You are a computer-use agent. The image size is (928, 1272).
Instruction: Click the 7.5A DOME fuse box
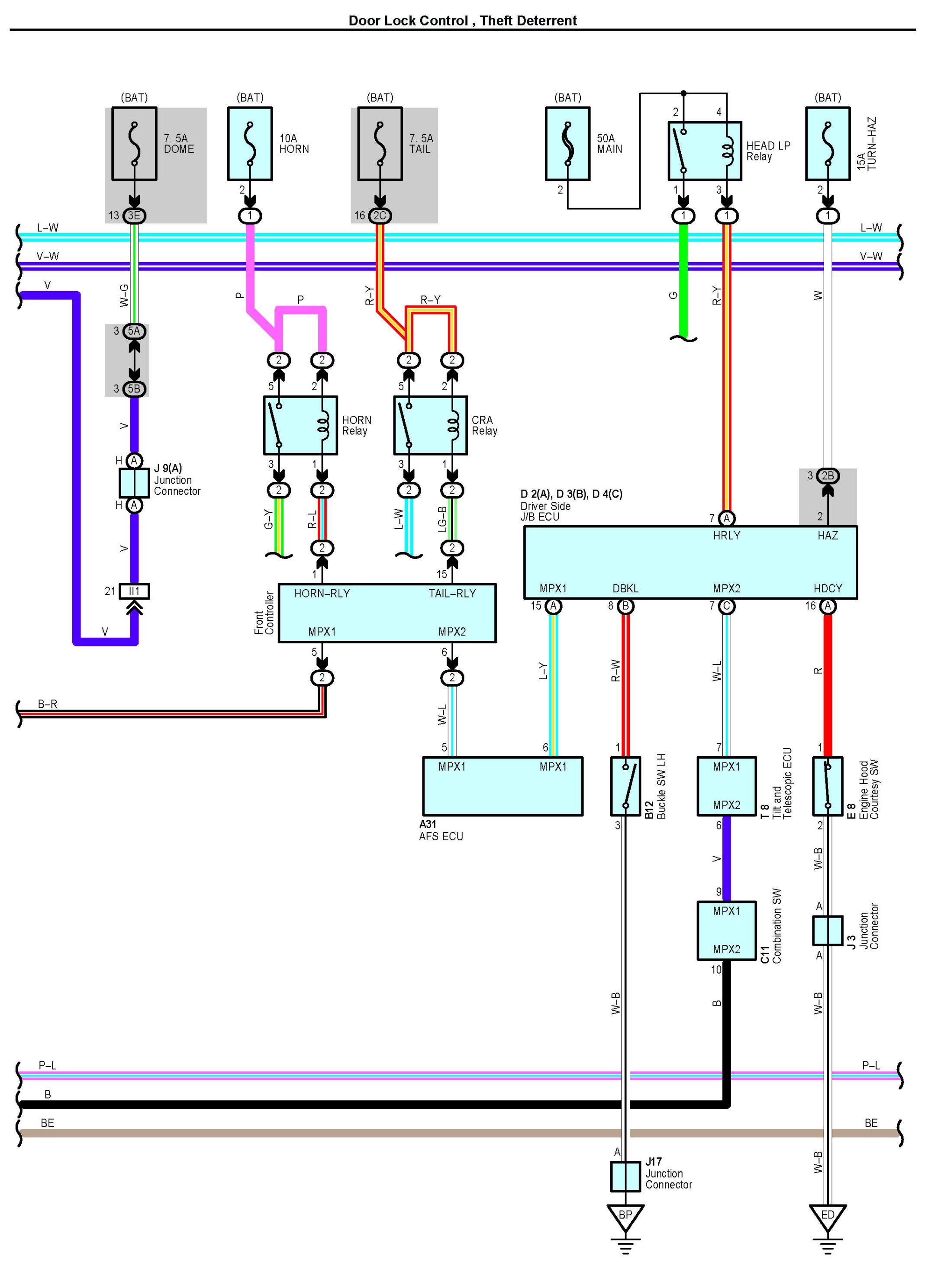coord(134,144)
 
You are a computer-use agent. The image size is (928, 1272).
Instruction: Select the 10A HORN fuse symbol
coord(250,144)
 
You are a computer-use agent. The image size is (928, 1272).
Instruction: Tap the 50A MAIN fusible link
coord(568,144)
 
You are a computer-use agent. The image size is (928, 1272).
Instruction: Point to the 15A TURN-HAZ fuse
coord(828,144)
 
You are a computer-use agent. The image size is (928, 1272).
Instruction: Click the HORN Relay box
coord(300,425)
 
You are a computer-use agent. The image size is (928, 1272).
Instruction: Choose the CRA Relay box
coord(430,425)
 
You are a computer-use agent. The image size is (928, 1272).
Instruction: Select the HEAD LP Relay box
coord(705,151)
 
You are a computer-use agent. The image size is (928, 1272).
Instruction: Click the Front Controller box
coord(387,613)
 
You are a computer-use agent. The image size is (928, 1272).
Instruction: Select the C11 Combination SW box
coord(727,931)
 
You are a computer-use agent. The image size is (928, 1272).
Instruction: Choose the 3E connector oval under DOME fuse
coord(134,215)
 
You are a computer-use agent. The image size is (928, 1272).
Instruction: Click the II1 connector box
coord(134,591)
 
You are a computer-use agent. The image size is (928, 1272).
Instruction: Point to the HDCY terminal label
coord(828,588)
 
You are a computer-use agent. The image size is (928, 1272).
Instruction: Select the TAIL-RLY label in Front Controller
coord(452,593)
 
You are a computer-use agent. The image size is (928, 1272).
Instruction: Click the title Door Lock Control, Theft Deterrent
coord(463,21)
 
